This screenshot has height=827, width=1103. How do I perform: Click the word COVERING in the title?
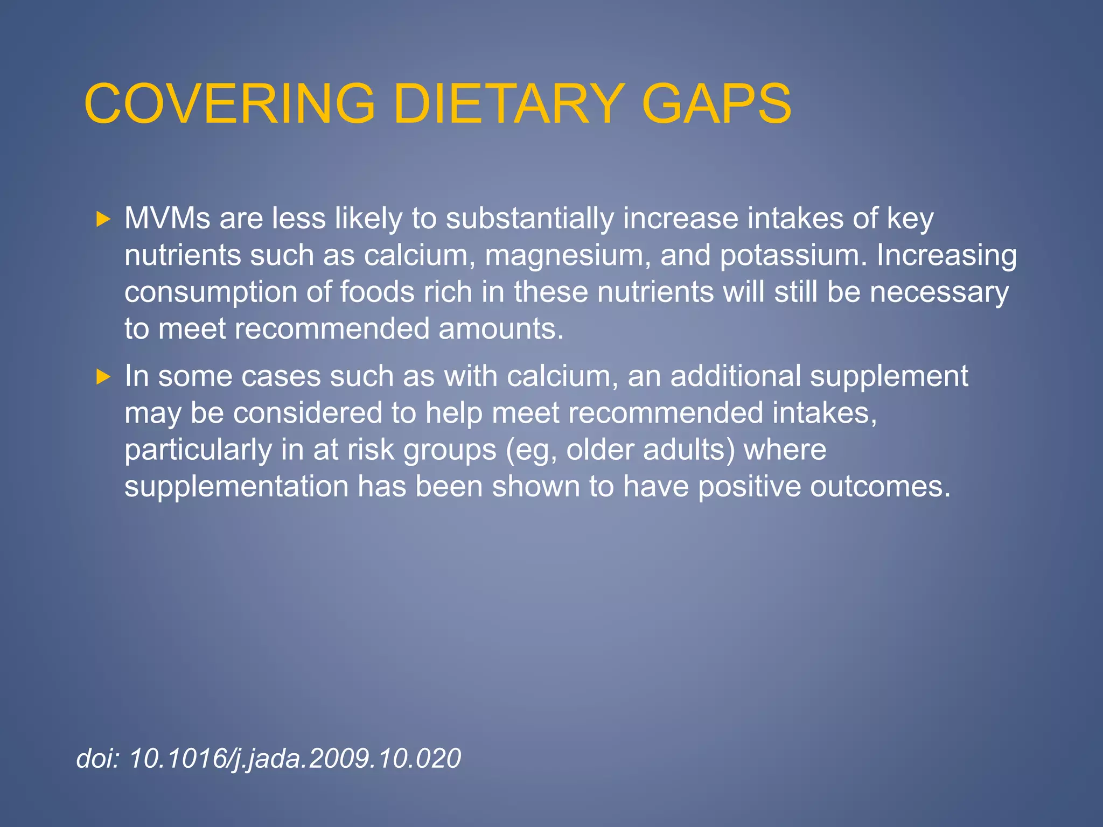pyautogui.click(x=229, y=103)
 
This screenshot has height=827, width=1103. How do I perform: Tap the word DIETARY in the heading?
pyautogui.click(x=507, y=103)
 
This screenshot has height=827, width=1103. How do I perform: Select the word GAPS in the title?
pyautogui.click(x=716, y=103)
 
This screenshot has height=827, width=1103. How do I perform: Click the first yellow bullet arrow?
pyautogui.click(x=103, y=219)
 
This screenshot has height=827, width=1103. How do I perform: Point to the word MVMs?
pyautogui.click(x=167, y=219)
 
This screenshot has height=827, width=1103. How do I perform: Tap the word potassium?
pyautogui.click(x=793, y=256)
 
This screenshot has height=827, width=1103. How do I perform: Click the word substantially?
pyautogui.click(x=530, y=219)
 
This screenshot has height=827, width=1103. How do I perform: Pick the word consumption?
pyautogui.click(x=211, y=292)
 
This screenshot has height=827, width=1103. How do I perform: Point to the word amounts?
pyautogui.click(x=500, y=329)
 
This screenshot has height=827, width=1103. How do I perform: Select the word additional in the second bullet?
pyautogui.click(x=736, y=376)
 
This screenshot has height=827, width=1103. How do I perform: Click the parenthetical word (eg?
pyautogui.click(x=531, y=451)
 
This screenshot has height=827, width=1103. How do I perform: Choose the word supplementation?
pyautogui.click(x=236, y=487)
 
